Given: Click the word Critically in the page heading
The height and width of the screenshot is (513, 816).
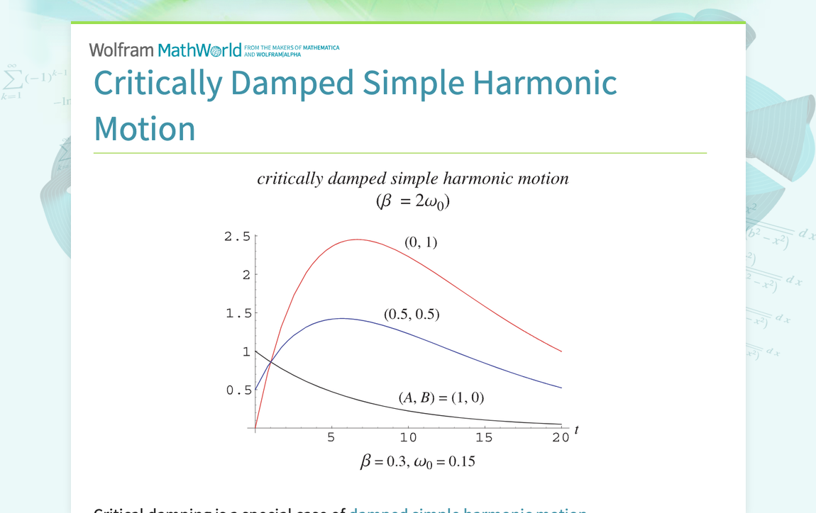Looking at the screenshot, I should pos(158,83).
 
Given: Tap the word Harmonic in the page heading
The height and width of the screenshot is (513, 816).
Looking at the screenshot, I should pos(545,83).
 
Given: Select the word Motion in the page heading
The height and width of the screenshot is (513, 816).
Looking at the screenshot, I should pos(145,129).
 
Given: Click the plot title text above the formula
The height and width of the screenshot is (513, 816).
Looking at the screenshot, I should pos(412,179).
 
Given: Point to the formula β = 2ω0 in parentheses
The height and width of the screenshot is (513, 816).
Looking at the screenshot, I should pos(412,202).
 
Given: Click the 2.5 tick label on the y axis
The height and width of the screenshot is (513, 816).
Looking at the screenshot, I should pos(237,237).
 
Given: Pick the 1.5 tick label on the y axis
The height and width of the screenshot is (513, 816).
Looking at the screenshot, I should pos(238,313).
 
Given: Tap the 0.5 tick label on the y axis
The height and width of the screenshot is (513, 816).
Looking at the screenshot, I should pos(238,390).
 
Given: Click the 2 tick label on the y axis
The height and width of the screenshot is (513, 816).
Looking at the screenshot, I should pos(246,275).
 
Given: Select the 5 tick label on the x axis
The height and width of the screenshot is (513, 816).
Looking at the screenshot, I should pos(331,437).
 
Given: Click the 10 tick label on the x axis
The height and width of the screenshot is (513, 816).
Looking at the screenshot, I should pos(407,437).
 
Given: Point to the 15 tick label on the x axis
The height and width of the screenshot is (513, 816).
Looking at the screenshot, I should pos(484,437).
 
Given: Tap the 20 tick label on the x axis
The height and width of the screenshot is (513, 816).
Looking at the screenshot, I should pos(561,437).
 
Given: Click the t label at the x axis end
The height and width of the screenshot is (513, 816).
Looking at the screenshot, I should pos(576,429).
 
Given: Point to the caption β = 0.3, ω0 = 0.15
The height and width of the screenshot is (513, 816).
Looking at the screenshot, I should pos(417,462).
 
